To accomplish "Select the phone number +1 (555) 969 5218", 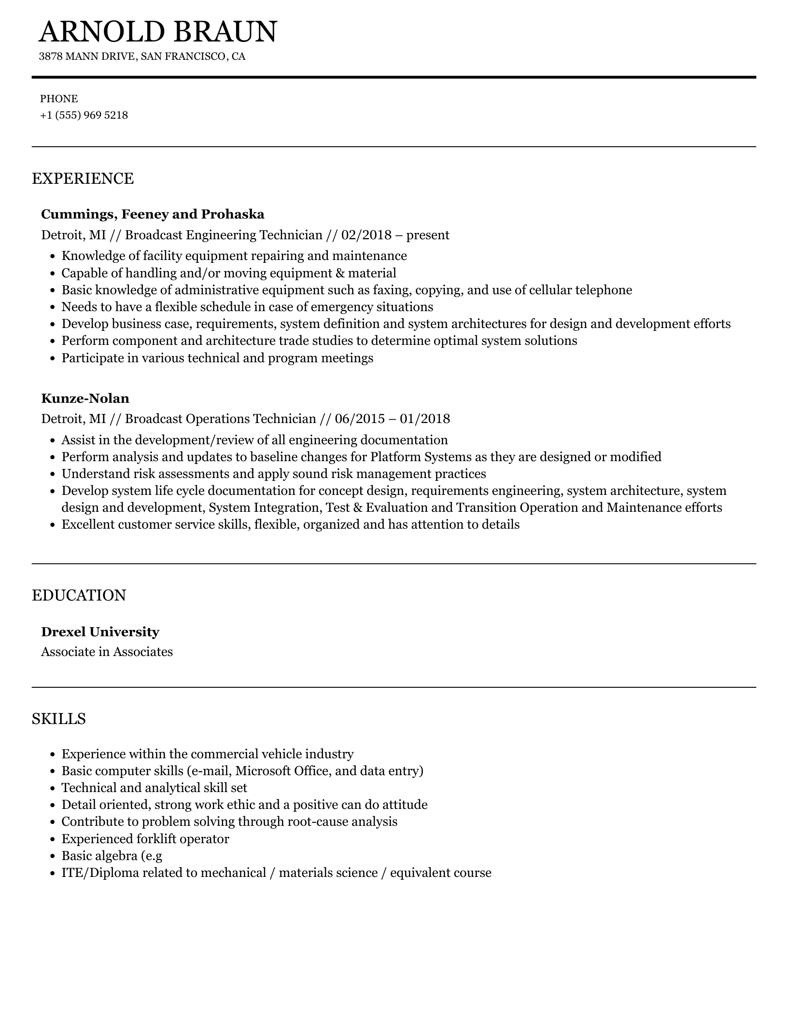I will [x=84, y=115].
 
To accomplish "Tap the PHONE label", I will [x=59, y=99].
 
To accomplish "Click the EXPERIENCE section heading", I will [x=83, y=178].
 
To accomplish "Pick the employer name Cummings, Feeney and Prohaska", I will [x=153, y=214].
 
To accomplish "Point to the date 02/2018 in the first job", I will [x=366, y=235].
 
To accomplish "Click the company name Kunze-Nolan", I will [x=85, y=398].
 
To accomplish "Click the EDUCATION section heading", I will [x=79, y=595].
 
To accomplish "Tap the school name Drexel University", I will [x=100, y=632].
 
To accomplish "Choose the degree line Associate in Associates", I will [x=107, y=652].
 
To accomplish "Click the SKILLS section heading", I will [x=59, y=719].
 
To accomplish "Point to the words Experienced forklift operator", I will [x=145, y=839].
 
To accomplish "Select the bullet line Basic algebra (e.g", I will [x=112, y=856].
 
